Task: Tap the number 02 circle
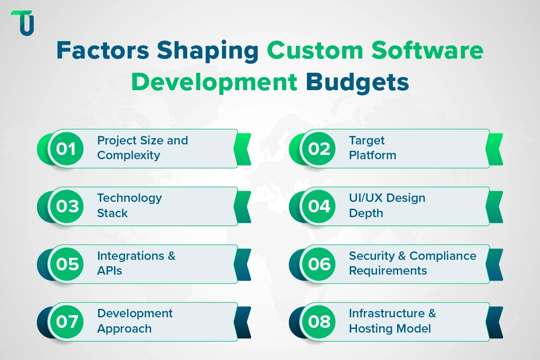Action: click(319, 149)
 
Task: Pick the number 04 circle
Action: click(319, 207)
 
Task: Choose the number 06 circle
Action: click(319, 264)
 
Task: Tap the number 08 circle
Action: click(319, 322)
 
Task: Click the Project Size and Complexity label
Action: click(142, 148)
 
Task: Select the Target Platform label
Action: click(372, 148)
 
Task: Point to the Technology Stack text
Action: click(129, 206)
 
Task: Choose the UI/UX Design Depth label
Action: click(387, 206)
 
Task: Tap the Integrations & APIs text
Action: click(136, 263)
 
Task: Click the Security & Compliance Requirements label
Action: click(412, 263)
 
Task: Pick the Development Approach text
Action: click(134, 320)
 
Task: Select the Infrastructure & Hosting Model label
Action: click(392, 320)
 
